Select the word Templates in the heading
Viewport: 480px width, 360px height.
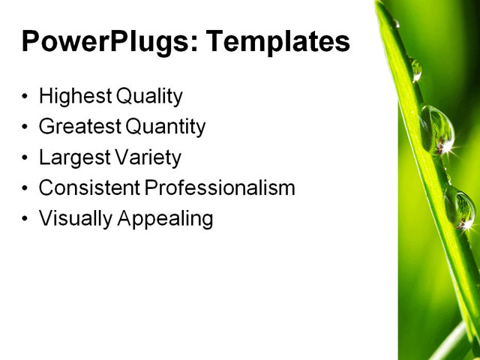click(x=277, y=41)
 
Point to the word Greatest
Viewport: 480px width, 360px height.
click(x=79, y=127)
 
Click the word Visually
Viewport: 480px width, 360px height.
click(x=73, y=218)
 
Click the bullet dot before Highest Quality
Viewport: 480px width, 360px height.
click(x=26, y=97)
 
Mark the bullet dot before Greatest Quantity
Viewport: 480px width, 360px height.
click(x=26, y=127)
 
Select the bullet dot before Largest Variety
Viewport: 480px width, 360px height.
click(x=26, y=158)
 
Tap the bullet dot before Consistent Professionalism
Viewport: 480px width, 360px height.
click(x=26, y=188)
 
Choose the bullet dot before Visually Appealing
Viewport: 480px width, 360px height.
click(x=26, y=219)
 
